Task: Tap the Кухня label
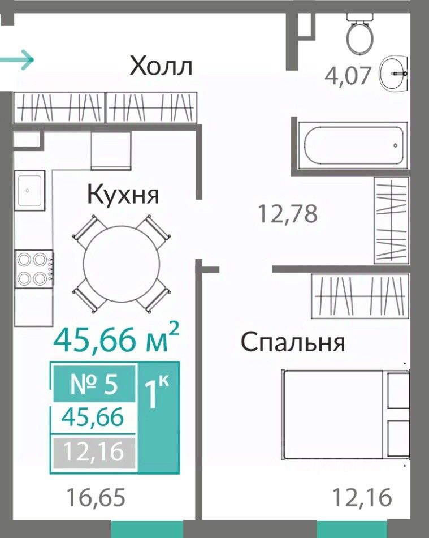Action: pyautogui.click(x=123, y=195)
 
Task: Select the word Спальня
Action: pyautogui.click(x=293, y=342)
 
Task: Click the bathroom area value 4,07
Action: pyautogui.click(x=348, y=76)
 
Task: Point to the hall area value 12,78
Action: pyautogui.click(x=287, y=213)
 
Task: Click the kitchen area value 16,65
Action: pyautogui.click(x=96, y=497)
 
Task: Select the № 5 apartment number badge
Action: pyautogui.click(x=94, y=384)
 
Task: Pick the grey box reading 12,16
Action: pyautogui.click(x=94, y=452)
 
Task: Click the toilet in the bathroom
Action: pyautogui.click(x=359, y=33)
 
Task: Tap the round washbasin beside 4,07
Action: pyautogui.click(x=393, y=74)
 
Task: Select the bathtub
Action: pyautogui.click(x=353, y=145)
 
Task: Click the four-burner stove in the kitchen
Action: pyautogui.click(x=34, y=269)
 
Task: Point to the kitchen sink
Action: pyautogui.click(x=29, y=191)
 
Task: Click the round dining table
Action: pyautogui.click(x=122, y=264)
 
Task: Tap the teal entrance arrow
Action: pyautogui.click(x=17, y=60)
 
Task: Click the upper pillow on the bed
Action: pyautogui.click(x=398, y=390)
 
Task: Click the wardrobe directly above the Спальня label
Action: pyautogui.click(x=360, y=296)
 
